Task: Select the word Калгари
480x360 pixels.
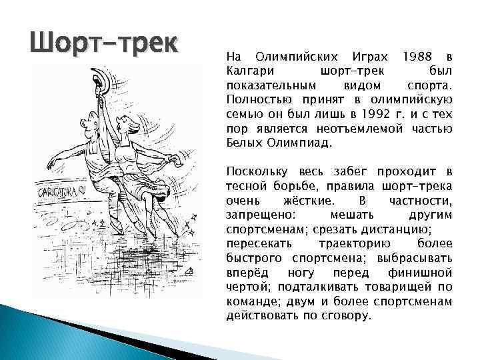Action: pyautogui.click(x=247, y=71)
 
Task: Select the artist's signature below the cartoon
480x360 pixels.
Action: pyautogui.click(x=189, y=271)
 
